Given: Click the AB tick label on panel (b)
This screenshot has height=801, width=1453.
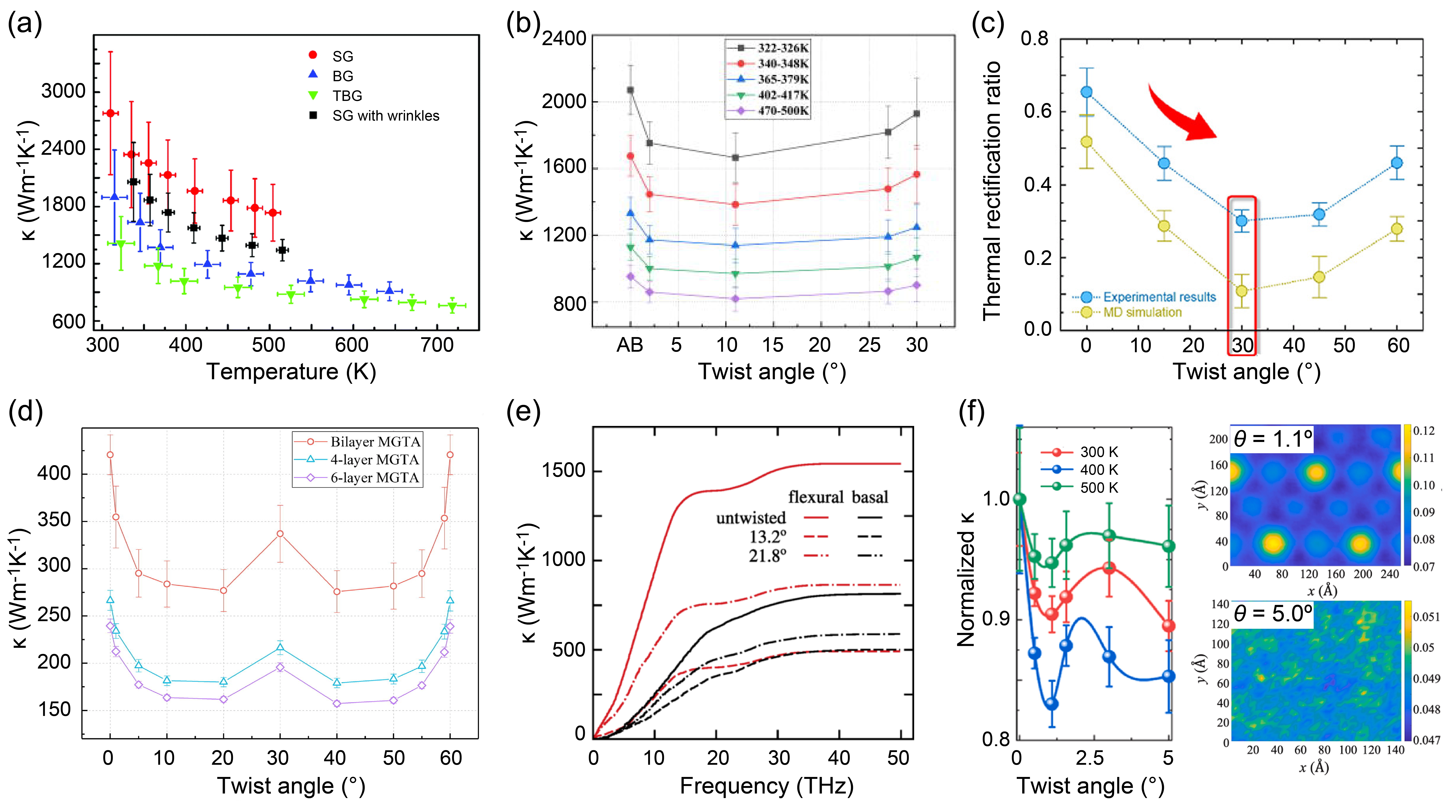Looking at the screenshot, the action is pyautogui.click(x=630, y=345).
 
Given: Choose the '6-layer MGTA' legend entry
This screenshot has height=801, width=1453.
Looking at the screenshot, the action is pyautogui.click(x=357, y=478).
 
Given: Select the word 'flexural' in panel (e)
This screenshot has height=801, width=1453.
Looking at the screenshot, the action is pyautogui.click(x=815, y=497).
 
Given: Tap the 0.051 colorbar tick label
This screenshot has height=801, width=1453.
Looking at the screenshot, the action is pyautogui.click(x=1427, y=617).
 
